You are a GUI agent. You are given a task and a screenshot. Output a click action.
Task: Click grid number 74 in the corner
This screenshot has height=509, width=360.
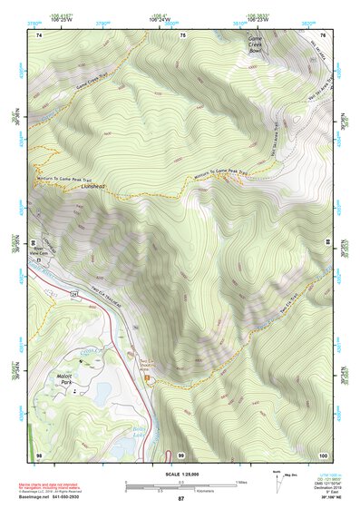click(x=39, y=34)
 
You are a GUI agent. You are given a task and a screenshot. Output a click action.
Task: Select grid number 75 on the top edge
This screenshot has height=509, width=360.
click(x=183, y=34)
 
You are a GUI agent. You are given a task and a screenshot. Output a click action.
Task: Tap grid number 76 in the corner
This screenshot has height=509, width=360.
click(x=323, y=34)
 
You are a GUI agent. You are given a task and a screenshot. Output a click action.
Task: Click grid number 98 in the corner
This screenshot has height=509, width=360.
click(x=39, y=455)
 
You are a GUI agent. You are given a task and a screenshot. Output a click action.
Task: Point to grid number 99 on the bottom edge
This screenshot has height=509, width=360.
click(x=181, y=455)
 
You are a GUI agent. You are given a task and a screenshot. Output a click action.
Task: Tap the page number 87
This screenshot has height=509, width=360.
click(x=180, y=499)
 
